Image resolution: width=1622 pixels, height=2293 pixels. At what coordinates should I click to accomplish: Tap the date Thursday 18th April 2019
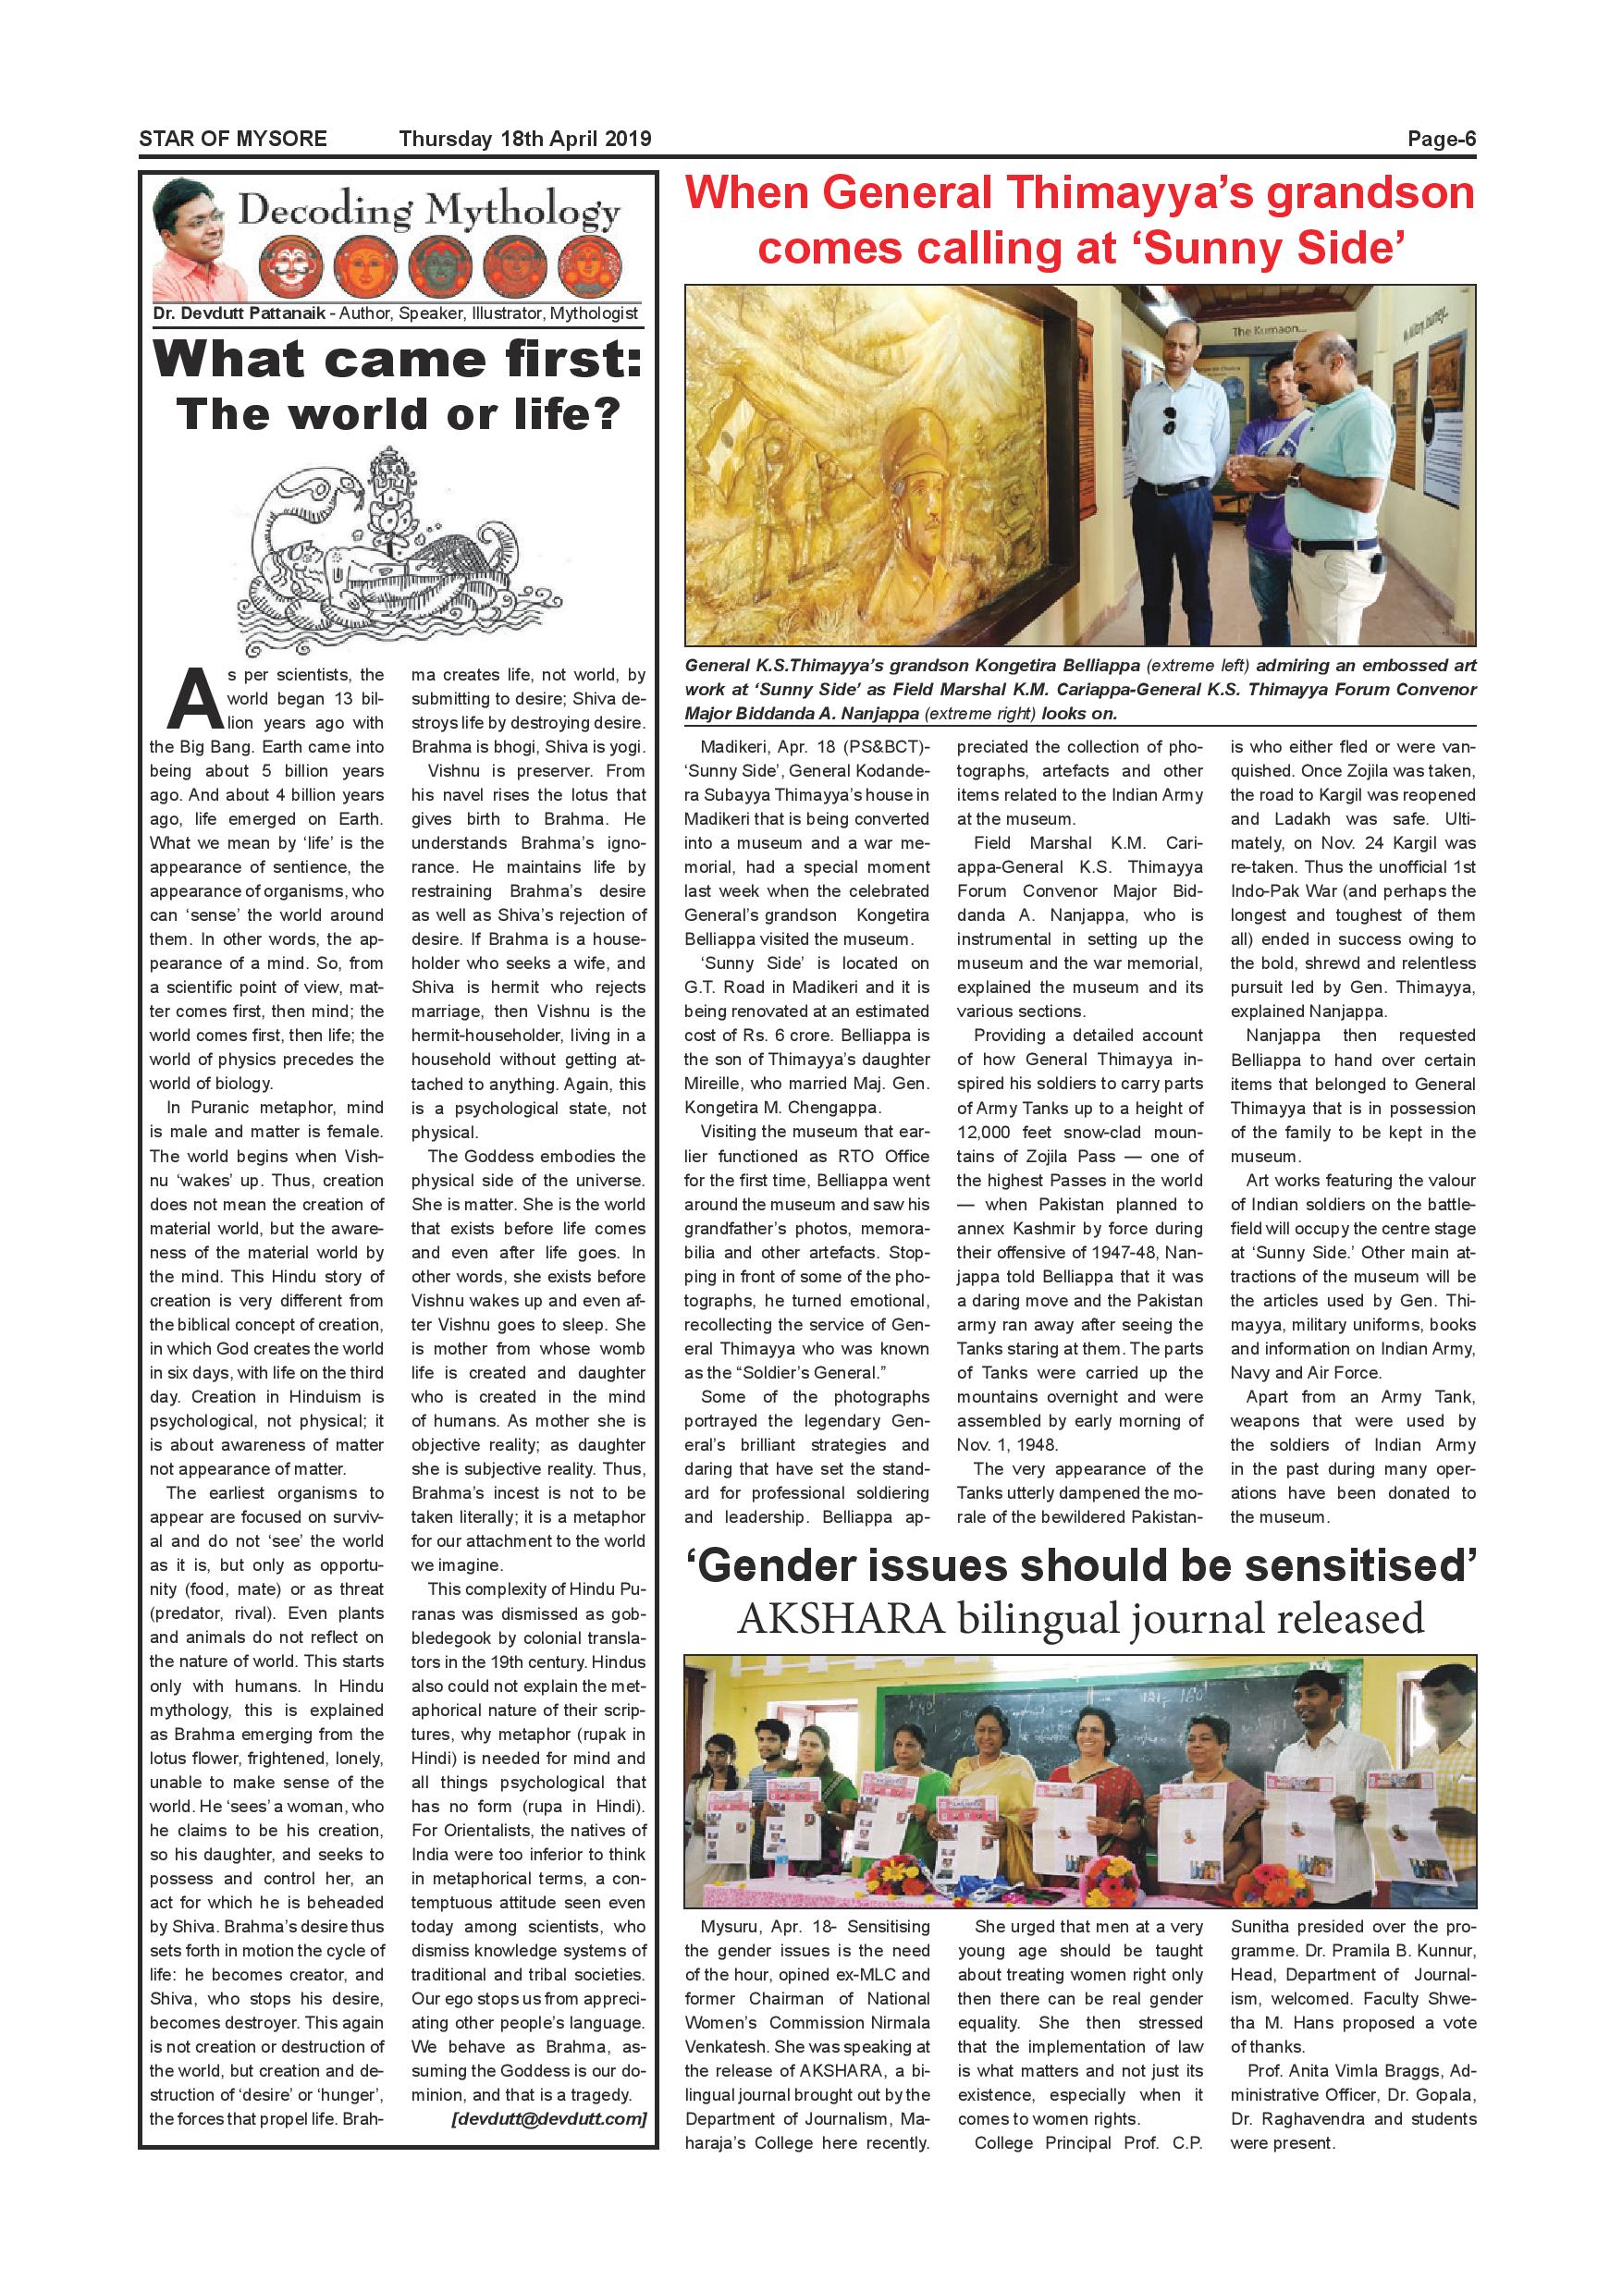(524, 139)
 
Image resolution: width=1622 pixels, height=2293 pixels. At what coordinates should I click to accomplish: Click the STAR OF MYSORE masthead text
(233, 139)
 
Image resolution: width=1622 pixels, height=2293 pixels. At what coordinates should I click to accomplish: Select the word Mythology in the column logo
(523, 212)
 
